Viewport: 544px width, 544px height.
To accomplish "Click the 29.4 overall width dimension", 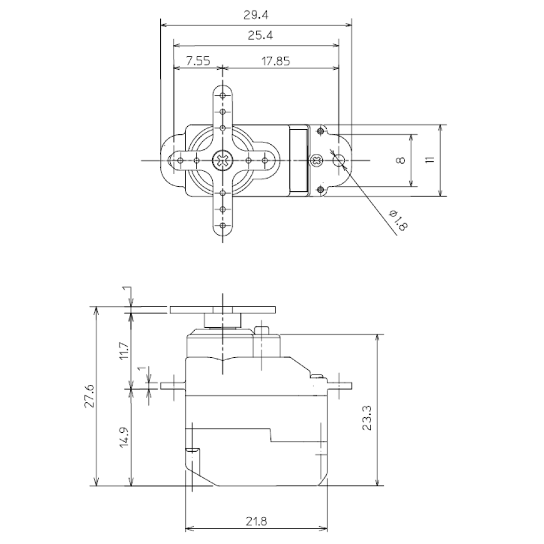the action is point(256,15).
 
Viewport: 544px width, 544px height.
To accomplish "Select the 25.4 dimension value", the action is point(260,35).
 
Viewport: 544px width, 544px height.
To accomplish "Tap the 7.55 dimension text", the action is point(198,61).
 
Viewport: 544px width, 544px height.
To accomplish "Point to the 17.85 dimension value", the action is point(275,62).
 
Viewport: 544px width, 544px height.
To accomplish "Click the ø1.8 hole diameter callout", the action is point(398,220).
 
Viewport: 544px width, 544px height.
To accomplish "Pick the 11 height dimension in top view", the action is point(430,160).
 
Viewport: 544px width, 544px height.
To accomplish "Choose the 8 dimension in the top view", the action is point(401,160).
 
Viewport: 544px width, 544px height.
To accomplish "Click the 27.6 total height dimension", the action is point(89,395).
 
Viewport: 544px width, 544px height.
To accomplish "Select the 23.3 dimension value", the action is point(367,418).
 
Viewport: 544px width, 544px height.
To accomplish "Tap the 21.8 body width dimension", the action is point(257,522).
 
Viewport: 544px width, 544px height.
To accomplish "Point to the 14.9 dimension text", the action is point(124,437).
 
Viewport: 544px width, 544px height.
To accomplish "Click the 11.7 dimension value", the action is point(124,351).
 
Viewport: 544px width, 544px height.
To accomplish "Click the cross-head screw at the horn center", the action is point(222,161).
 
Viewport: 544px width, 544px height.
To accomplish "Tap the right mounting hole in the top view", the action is point(339,160).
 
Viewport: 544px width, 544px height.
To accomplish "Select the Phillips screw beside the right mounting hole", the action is point(316,161).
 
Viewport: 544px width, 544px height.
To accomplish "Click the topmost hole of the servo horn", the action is point(223,96).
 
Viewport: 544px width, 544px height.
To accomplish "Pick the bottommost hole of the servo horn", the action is point(223,225).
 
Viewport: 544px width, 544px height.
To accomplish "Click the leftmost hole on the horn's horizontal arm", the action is point(180,161).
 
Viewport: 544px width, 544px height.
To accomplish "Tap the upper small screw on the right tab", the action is point(320,131).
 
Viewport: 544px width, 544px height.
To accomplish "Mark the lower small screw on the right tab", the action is point(320,190).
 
